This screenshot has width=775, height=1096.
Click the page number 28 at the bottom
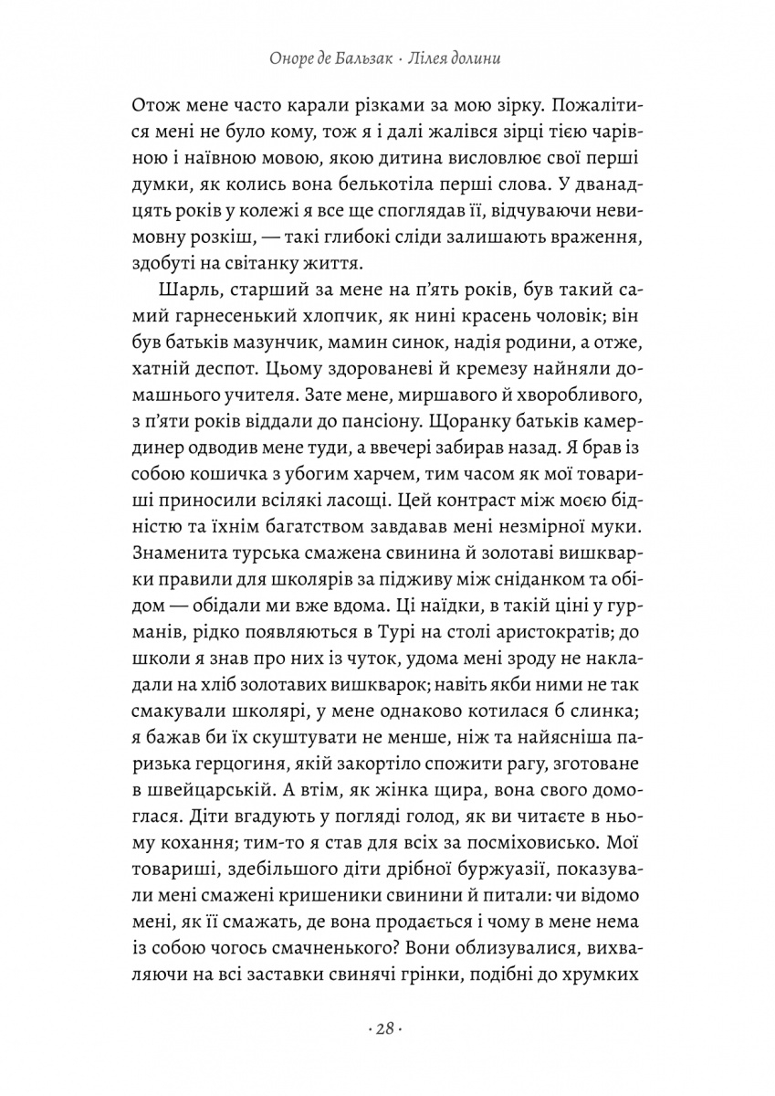(387, 1028)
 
